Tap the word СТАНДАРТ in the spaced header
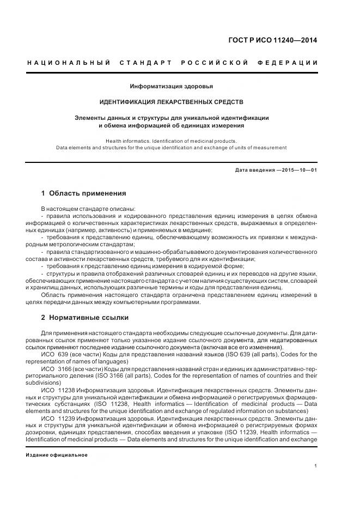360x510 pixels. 142,63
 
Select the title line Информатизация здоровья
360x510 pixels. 171,86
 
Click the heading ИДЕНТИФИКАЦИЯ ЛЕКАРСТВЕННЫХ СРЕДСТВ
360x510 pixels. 171,102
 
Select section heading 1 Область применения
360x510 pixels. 83,193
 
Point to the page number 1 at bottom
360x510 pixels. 316,465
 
